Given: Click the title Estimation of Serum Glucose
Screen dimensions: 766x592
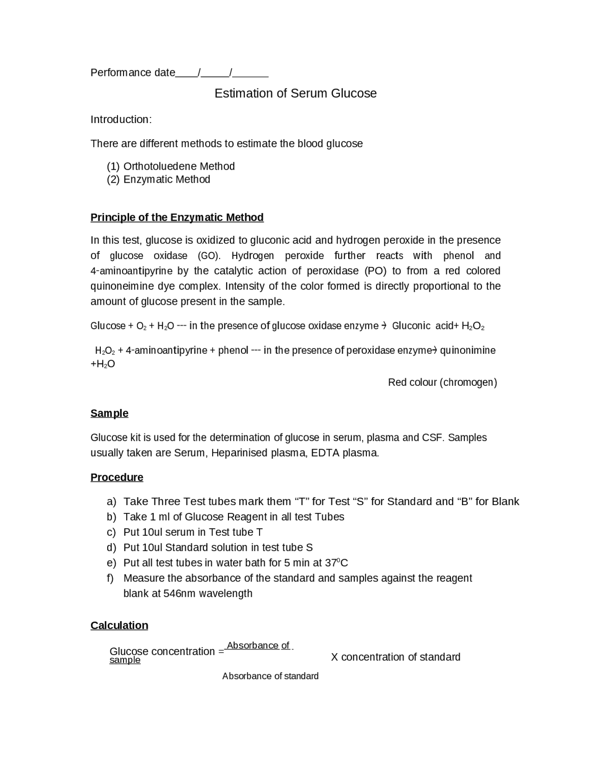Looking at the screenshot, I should coord(296,93).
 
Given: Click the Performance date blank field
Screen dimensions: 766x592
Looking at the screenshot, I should coord(222,73).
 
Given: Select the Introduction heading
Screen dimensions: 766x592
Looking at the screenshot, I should coord(121,120).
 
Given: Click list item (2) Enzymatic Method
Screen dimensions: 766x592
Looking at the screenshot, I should coord(159,179).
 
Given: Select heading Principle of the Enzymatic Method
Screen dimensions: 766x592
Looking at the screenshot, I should coord(177,217).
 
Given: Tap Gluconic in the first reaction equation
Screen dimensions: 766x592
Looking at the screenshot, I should coord(411,326).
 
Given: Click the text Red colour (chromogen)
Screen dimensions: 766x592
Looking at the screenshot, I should coord(442,383).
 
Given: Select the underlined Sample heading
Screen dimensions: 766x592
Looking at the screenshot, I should coord(109,414).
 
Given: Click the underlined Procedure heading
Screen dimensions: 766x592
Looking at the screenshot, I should coord(117,477).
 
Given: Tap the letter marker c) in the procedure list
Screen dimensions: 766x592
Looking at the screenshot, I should coord(111,532).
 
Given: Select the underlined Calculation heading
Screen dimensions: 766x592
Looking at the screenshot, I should coord(119,626).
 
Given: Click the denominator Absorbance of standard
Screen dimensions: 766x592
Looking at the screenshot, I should coord(270,676).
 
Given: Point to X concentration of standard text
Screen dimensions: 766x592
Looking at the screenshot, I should coord(395,657).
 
